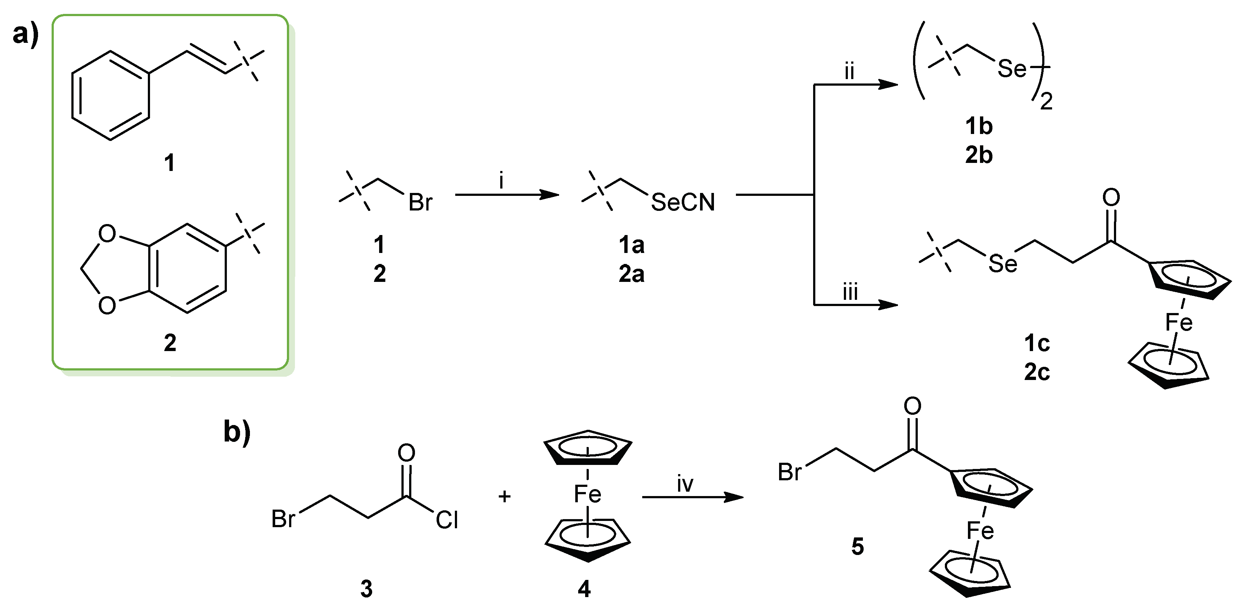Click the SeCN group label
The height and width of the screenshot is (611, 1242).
[x=683, y=202]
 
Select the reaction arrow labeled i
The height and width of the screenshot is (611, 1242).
[x=506, y=195]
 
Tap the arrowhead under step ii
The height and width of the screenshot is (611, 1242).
[x=888, y=85]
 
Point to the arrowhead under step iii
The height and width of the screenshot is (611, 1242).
[x=888, y=305]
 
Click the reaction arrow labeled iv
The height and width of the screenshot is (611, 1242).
[x=692, y=497]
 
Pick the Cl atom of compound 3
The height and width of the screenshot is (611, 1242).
[x=446, y=520]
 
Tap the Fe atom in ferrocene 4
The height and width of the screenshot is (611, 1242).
[x=587, y=494]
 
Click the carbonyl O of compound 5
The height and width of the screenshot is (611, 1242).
[x=912, y=406]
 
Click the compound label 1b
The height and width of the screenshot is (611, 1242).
[x=979, y=126]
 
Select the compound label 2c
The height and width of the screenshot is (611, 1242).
[x=1037, y=372]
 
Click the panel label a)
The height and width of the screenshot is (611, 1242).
[x=26, y=35]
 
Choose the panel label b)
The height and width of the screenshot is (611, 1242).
[x=237, y=431]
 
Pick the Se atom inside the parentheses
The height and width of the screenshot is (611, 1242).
[x=1013, y=68]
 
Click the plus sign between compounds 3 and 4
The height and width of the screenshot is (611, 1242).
[x=504, y=496]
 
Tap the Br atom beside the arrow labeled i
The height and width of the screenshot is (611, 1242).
[x=420, y=202]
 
